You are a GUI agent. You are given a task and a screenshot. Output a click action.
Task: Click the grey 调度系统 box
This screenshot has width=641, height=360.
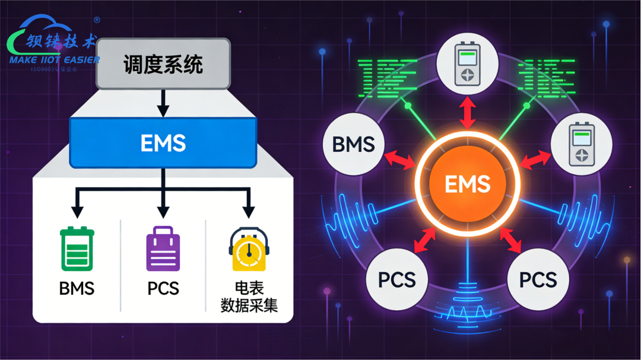pyautogui.click(x=163, y=64)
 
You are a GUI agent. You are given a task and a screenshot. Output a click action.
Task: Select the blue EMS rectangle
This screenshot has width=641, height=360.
pyautogui.click(x=163, y=142)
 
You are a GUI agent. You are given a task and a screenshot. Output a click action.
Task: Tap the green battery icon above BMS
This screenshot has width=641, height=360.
pyautogui.click(x=77, y=249)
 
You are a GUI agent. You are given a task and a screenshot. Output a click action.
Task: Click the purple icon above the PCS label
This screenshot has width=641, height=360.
pyautogui.click(x=163, y=250)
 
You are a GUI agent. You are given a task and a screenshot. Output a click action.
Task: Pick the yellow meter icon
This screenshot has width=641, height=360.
pyautogui.click(x=249, y=250)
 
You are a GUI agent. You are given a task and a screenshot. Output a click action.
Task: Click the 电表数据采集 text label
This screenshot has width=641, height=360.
pyautogui.click(x=249, y=297)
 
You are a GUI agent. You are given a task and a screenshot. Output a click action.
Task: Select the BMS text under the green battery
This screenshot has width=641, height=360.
pyautogui.click(x=77, y=289)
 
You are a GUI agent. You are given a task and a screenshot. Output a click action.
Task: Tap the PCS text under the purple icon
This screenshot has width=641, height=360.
pyautogui.click(x=163, y=289)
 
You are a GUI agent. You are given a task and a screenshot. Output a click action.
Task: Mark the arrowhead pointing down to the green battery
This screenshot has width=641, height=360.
pyautogui.click(x=77, y=211)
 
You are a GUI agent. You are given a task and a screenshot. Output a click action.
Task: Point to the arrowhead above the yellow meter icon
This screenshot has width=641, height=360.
pyautogui.click(x=249, y=211)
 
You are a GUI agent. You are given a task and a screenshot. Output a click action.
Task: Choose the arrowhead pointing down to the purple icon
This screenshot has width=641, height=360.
pyautogui.click(x=163, y=211)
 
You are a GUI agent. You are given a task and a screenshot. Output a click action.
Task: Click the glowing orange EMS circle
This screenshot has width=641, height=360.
pyautogui.click(x=468, y=184)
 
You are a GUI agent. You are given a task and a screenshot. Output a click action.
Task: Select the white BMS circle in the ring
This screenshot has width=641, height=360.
pyautogui.click(x=353, y=145)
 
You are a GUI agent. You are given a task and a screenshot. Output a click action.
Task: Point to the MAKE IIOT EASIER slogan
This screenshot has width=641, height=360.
pyautogui.click(x=55, y=60)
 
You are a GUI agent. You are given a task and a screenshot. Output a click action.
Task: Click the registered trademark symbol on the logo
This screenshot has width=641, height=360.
pyautogui.click(x=97, y=20)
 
